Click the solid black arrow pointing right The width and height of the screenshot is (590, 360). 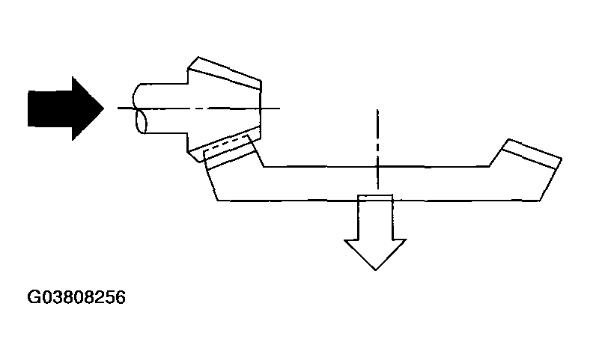(x=66, y=109)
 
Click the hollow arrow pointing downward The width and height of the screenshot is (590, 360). (x=376, y=231)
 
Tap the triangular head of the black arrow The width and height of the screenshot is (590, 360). (x=88, y=109)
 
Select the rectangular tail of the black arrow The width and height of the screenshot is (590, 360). (x=49, y=109)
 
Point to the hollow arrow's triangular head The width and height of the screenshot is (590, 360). (x=376, y=253)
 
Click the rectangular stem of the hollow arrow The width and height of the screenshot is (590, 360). (x=375, y=217)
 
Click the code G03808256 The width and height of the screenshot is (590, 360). (x=76, y=297)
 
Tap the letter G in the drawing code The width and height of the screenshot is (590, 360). (x=33, y=297)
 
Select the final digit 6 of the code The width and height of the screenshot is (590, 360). (x=121, y=297)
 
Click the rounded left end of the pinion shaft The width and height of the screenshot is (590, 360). (x=140, y=109)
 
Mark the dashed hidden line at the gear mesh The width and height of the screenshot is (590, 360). (x=226, y=144)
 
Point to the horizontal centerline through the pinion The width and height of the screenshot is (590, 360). (x=198, y=109)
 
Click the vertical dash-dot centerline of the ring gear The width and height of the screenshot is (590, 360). (x=378, y=149)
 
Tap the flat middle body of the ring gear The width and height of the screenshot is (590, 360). (x=377, y=183)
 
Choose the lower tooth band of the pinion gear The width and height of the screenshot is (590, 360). (x=225, y=144)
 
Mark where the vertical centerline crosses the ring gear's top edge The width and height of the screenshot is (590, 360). (x=378, y=166)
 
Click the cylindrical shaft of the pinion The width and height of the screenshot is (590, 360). (x=164, y=109)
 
